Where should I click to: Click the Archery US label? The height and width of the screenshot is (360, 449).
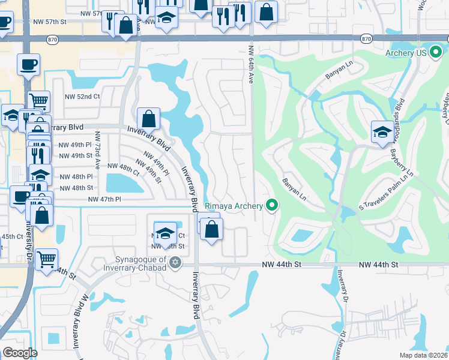(406, 53)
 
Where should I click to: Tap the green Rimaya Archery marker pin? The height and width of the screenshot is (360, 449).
(273, 206)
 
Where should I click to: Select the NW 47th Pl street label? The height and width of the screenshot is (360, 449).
(104, 199)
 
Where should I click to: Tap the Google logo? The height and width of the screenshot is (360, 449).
(20, 353)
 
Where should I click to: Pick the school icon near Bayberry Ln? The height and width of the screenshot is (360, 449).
(382, 132)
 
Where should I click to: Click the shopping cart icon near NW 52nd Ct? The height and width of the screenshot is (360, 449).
(39, 101)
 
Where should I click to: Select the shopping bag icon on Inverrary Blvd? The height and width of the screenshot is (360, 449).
(148, 118)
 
